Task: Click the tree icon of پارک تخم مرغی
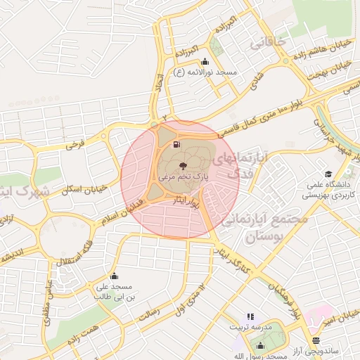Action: tap(183, 166)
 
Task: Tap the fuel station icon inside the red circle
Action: tap(175, 144)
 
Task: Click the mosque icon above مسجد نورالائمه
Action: tap(205, 60)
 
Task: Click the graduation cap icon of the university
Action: tap(328, 174)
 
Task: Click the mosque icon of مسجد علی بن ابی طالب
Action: tap(114, 276)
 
